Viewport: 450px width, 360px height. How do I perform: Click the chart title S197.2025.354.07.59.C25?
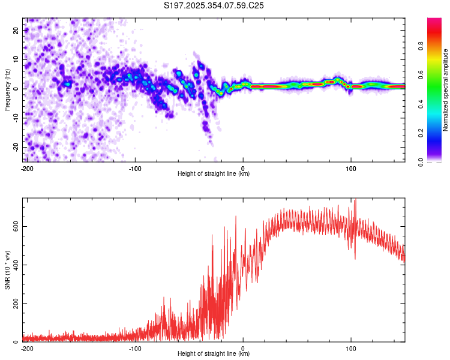214,6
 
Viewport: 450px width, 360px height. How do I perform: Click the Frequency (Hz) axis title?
7,90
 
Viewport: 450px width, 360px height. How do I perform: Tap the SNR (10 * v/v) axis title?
7,269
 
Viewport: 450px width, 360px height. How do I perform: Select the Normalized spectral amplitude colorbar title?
446,91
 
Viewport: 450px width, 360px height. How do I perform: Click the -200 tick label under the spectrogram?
26,168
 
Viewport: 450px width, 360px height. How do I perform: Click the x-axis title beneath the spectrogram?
214,174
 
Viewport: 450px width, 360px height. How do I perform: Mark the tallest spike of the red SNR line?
355,200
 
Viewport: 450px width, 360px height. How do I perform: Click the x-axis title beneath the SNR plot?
214,354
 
